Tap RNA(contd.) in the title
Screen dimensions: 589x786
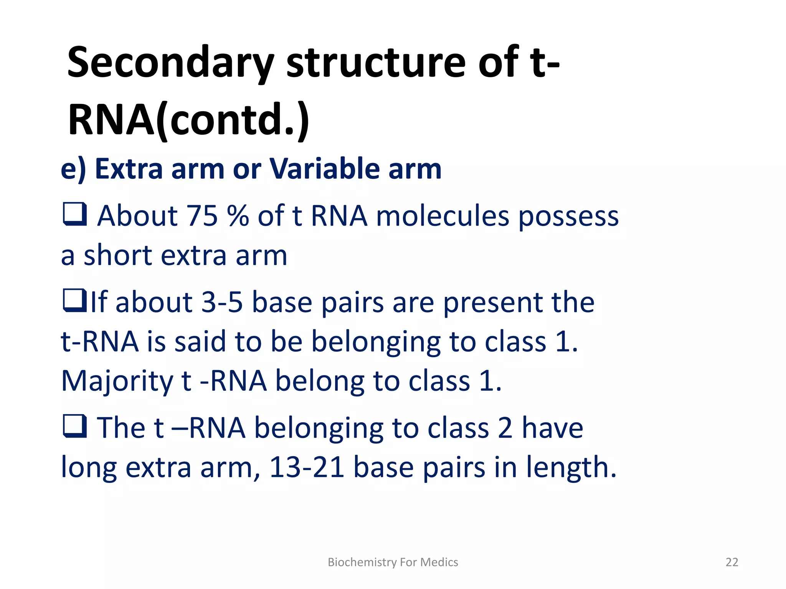coord(188,120)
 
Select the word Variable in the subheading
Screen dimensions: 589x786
coord(324,169)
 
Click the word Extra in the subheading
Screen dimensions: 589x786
coord(129,169)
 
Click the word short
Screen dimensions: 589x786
coord(118,255)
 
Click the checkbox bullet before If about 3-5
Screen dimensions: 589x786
coord(74,301)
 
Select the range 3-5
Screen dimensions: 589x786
coord(222,303)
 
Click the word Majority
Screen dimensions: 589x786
coord(117,382)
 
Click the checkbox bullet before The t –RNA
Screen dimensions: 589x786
coord(74,426)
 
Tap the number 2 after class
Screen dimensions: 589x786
coord(505,428)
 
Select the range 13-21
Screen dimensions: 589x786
coord(306,467)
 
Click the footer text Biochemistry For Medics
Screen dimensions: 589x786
coord(393,562)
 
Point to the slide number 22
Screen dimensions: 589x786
coord(732,562)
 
